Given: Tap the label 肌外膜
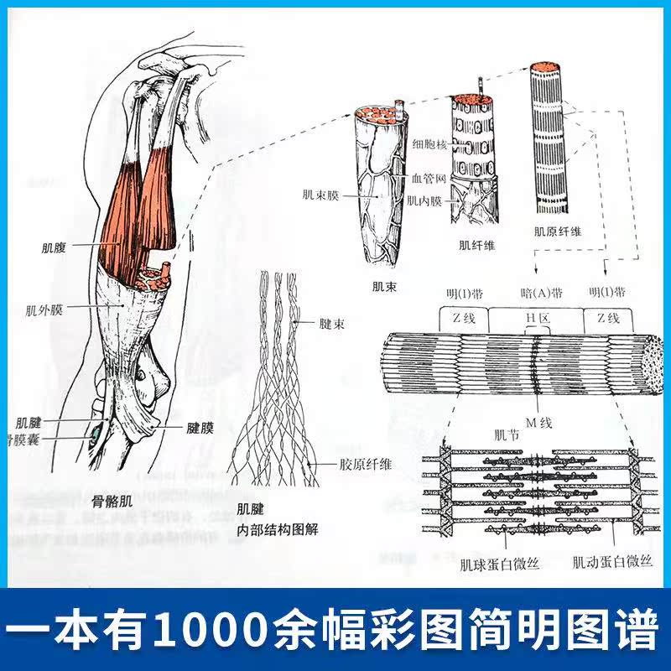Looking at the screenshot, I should [46, 309].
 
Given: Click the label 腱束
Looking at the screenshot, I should [330, 322].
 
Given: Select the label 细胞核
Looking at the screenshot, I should [429, 145].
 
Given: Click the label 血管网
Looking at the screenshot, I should [428, 178].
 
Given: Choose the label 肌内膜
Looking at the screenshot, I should [423, 200].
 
